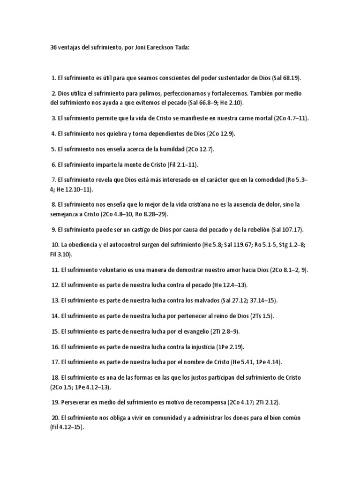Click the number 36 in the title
point(54,48)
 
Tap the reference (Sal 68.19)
point(285,78)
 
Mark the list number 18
point(55,378)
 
